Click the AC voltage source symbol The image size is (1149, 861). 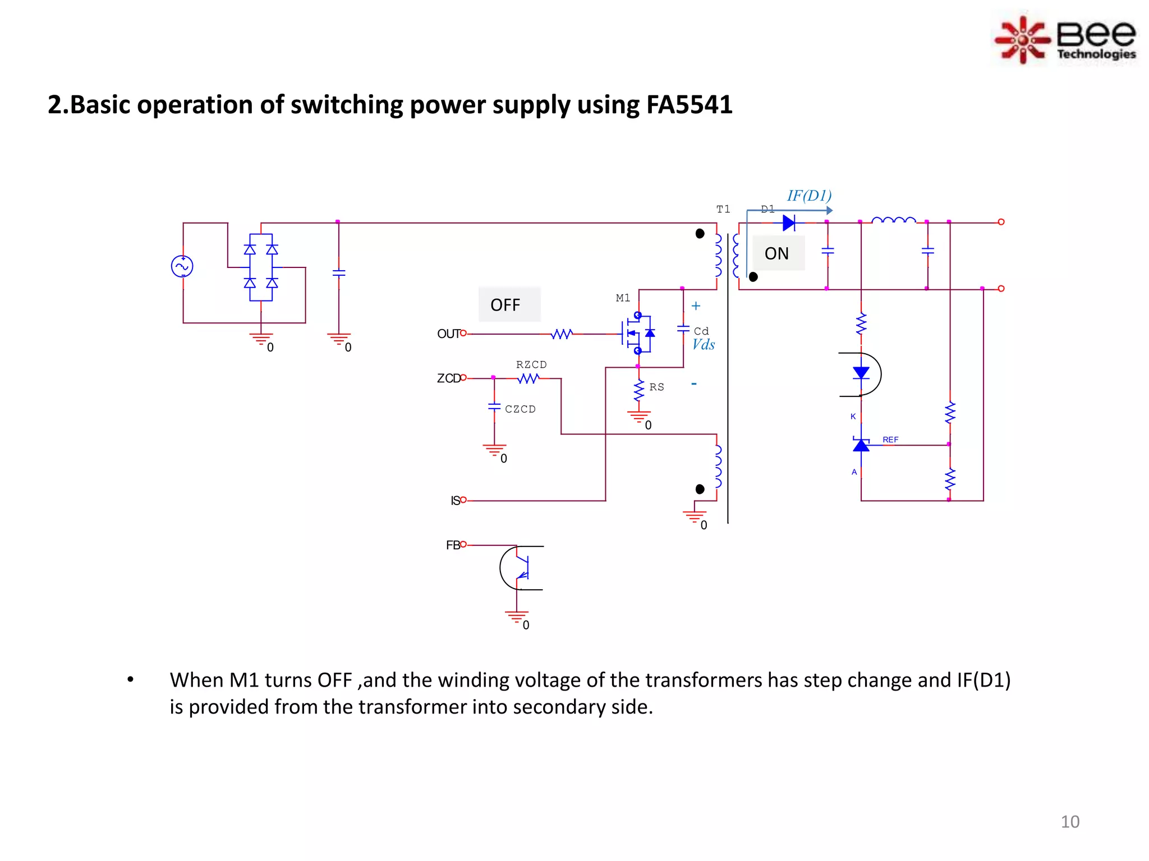pos(182,266)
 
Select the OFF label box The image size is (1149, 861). pos(509,304)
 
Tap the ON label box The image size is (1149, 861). pos(778,253)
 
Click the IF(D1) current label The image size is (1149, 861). pos(809,196)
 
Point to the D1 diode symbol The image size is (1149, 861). pos(789,223)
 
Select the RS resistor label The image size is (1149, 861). pos(656,387)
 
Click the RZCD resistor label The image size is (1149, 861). pos(531,364)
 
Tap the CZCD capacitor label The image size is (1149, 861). pos(520,409)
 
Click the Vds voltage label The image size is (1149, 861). pos(703,345)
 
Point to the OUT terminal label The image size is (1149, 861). pos(448,334)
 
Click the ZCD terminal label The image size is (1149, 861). pos(448,378)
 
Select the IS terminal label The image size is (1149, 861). pos(455,501)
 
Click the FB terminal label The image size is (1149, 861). pos(452,545)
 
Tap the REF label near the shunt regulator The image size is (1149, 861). pos(890,439)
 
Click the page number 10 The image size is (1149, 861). pos(1069,822)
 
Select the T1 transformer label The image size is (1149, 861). pos(723,209)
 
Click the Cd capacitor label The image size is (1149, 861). pos(701,331)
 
